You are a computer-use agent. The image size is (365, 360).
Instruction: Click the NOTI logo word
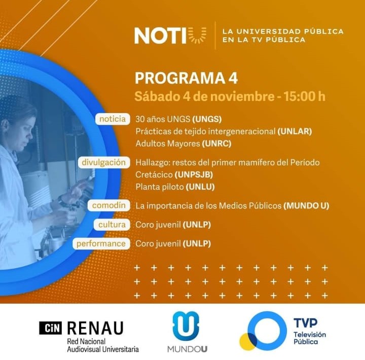click(x=161, y=35)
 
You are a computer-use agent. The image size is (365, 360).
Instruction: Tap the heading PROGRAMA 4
click(x=186, y=78)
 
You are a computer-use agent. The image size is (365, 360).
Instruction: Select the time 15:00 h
click(x=304, y=96)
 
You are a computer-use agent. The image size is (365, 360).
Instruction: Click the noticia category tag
click(x=113, y=119)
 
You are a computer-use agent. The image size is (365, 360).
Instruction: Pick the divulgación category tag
click(x=104, y=162)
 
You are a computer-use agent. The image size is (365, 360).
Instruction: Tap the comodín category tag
click(x=108, y=205)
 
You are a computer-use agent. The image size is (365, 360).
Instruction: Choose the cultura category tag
click(x=112, y=225)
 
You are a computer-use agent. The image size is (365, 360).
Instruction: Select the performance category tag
click(x=101, y=243)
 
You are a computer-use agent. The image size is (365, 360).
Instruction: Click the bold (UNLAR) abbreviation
click(x=295, y=131)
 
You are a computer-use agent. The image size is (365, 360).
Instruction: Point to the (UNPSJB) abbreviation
click(x=194, y=174)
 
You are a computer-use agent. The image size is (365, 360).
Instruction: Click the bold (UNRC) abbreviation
click(x=216, y=143)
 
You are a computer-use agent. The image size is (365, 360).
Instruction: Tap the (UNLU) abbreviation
click(x=200, y=187)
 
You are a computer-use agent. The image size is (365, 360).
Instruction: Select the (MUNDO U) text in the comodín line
click(x=306, y=206)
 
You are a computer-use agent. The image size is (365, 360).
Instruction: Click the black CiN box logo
click(x=51, y=328)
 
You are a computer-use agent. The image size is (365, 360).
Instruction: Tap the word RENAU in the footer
click(x=95, y=328)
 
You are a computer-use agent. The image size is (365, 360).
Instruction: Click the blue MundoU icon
click(x=186, y=326)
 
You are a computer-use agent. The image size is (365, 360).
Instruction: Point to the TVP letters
click(x=305, y=323)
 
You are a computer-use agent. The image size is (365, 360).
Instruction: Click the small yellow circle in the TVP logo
click(x=247, y=342)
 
